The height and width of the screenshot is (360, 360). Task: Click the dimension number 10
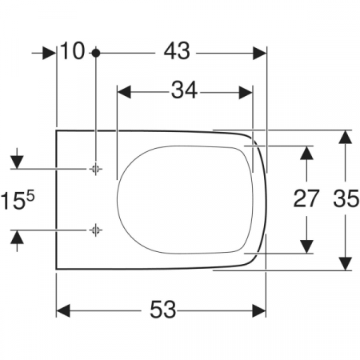point(73,50)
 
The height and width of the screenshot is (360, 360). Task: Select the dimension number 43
point(177,51)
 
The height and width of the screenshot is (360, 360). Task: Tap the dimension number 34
point(184,90)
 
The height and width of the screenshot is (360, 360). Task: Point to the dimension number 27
point(306,198)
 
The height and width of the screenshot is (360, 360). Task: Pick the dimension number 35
point(346,198)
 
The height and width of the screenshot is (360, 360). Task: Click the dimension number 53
point(162,310)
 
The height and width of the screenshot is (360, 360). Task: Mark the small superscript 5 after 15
point(30,197)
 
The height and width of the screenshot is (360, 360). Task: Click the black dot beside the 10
point(96,53)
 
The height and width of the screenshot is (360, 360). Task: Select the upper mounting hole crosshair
point(95,169)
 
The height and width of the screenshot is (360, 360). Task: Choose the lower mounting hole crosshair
point(95,230)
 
